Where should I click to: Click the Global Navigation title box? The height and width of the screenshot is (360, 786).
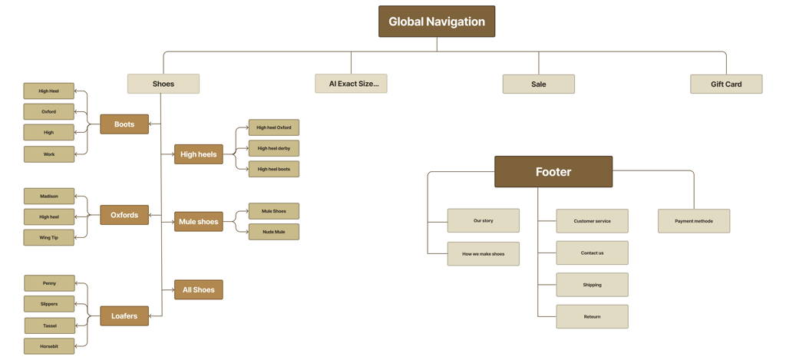pos(436,21)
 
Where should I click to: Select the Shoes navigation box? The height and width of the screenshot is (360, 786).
pos(163,84)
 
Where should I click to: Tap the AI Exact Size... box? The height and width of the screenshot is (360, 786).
pos(351,84)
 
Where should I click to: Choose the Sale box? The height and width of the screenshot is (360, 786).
pos(538,84)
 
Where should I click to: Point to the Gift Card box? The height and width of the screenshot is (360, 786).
pos(725,84)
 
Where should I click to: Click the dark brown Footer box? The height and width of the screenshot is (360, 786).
pos(553,172)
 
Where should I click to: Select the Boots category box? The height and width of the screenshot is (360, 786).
pos(124,124)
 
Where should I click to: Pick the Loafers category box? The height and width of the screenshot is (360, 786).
pos(124,315)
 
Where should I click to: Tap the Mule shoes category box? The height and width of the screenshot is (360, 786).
pos(198,222)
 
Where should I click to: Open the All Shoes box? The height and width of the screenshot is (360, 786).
pos(198,289)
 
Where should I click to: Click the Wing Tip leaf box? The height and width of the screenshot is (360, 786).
pos(49,237)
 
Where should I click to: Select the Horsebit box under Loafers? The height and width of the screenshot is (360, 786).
pos(49,346)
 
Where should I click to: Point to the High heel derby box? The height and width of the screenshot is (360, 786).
pos(274,148)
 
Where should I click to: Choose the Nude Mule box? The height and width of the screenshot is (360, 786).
pos(274,231)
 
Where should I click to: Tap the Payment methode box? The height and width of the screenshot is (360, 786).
pos(693,221)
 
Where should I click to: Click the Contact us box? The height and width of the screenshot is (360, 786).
pos(592,253)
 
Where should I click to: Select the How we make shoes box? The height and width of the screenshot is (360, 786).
pos(483,253)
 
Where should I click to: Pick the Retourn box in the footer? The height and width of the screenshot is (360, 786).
pos(592,316)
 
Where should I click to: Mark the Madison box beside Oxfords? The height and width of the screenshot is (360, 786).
pos(49,196)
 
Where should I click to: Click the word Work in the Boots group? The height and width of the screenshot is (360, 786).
pos(49,154)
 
